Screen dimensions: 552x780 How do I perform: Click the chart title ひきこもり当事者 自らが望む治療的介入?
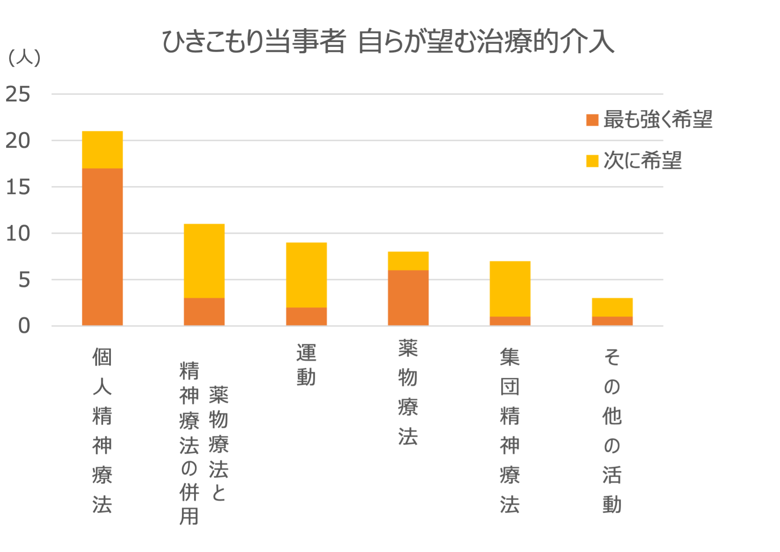pyautogui.click(x=388, y=42)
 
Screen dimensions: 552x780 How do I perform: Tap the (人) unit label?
pyautogui.click(x=24, y=58)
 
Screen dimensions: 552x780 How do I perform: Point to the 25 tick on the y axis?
pyautogui.click(x=18, y=94)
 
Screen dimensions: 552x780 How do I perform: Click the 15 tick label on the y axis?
pyautogui.click(x=18, y=187)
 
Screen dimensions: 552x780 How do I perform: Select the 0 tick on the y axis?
pyautogui.click(x=24, y=326)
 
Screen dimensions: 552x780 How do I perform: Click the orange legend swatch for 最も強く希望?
pyautogui.click(x=592, y=120)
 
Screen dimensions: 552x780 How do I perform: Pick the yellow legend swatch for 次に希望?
pyautogui.click(x=592, y=161)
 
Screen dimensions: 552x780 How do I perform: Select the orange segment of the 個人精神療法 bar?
pyautogui.click(x=102, y=247)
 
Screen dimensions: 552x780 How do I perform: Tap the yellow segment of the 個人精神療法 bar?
pyautogui.click(x=102, y=149)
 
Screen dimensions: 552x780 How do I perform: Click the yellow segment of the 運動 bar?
pyautogui.click(x=306, y=275)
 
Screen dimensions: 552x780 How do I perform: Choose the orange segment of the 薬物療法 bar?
pyautogui.click(x=408, y=298)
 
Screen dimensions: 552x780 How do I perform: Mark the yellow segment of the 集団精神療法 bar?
pyautogui.click(x=510, y=289)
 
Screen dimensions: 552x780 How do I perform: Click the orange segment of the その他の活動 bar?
pyautogui.click(x=612, y=321)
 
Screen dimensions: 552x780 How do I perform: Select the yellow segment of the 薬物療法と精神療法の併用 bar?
pyautogui.click(x=204, y=261)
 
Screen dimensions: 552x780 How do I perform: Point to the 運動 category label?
pyautogui.click(x=306, y=365)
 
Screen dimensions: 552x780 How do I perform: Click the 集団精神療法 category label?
pyautogui.click(x=510, y=431)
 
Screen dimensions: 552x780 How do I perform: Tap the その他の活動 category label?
pyautogui.click(x=612, y=431)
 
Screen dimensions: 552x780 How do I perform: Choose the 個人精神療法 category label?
pyautogui.click(x=102, y=431)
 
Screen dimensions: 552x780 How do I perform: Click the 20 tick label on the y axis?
pyautogui.click(x=18, y=141)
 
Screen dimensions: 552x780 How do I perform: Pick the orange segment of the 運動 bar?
pyautogui.click(x=306, y=316)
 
